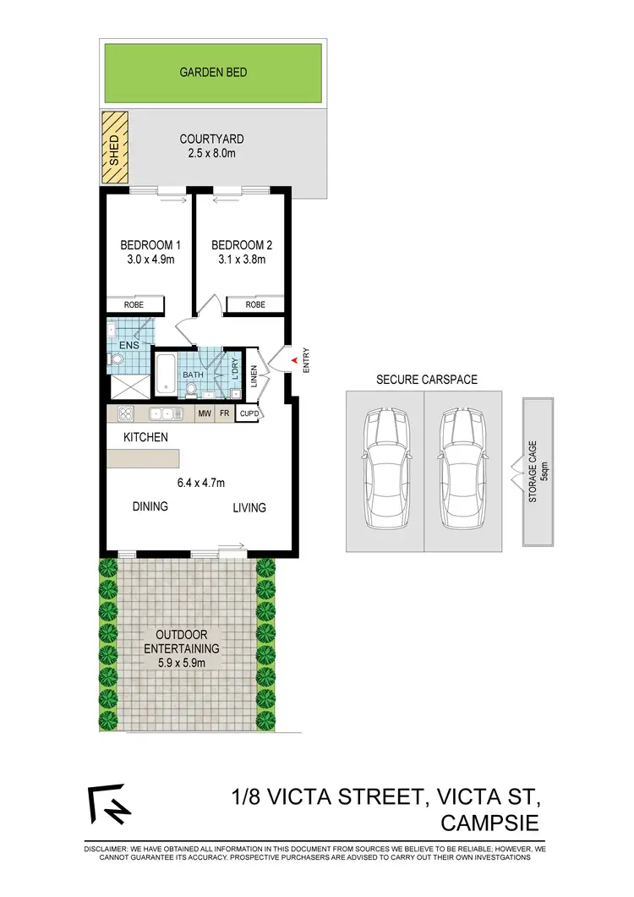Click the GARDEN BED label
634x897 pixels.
[213, 73]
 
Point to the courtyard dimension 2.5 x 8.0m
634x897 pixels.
[212, 155]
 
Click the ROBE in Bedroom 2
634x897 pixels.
[255, 304]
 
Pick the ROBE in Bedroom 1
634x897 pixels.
[134, 304]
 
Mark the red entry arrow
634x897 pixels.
[293, 361]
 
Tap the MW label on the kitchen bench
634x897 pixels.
[204, 413]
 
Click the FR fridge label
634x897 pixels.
[225, 413]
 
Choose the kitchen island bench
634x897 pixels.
[143, 458]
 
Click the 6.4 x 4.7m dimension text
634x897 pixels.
[201, 484]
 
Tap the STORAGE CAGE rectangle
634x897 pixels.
[538, 473]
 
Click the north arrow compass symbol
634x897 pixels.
[108, 805]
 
